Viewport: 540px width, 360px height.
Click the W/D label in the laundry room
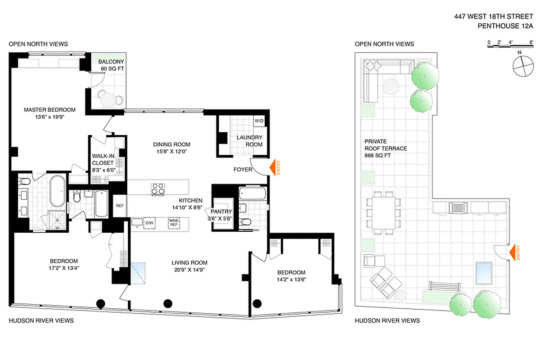tap(259, 121)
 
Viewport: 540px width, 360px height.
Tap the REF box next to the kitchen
tap(120, 205)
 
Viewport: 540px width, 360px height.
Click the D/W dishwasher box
tap(149, 223)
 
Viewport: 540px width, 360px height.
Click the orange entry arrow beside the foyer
tap(274, 168)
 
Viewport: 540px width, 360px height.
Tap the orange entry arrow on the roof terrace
tap(513, 253)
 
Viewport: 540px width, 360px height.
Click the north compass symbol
tap(522, 66)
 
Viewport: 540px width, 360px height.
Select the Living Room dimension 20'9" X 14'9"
tap(189, 270)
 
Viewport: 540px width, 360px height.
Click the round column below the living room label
tap(168, 303)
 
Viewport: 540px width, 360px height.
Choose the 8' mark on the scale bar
tap(532, 42)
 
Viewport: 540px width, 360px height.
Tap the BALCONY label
tap(111, 62)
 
